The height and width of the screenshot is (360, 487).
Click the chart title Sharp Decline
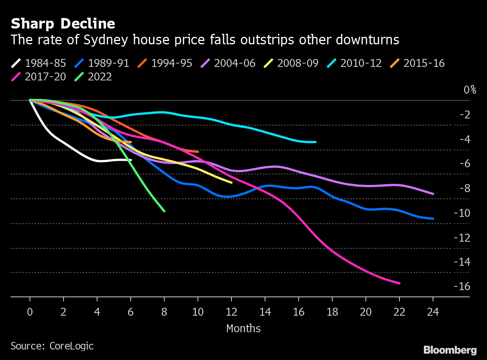point(63,24)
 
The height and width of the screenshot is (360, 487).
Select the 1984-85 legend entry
point(39,63)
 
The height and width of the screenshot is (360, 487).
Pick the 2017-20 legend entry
point(39,77)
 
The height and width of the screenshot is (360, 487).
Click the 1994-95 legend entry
point(165,63)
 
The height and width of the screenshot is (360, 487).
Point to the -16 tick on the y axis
point(462,286)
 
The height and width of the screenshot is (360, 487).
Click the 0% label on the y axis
point(470,90)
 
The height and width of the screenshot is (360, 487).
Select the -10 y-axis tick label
point(462,213)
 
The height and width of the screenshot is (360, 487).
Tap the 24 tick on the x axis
point(433,312)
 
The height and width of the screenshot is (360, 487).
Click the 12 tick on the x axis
point(231,312)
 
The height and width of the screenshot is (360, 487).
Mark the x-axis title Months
point(243,328)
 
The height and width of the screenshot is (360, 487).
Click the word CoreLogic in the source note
point(71,346)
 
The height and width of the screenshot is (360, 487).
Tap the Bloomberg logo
point(450,350)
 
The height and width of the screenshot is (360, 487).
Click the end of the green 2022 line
point(164,211)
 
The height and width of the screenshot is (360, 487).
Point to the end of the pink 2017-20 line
point(399,283)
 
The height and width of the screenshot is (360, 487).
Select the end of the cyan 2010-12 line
point(315,142)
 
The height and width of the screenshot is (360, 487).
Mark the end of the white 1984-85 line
point(130,160)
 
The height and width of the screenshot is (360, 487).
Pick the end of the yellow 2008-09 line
point(231,183)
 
